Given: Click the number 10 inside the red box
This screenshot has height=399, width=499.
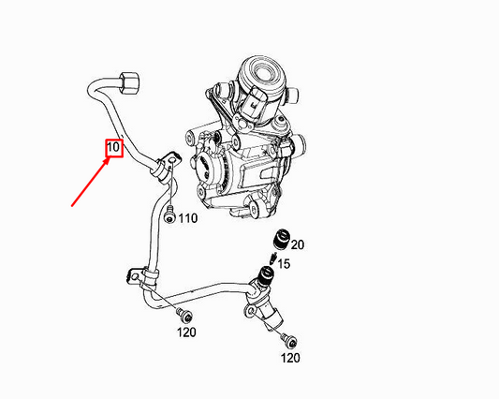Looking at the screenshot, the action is click(x=113, y=147).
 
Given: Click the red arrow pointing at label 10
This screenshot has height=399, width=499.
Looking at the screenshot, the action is click(x=91, y=183).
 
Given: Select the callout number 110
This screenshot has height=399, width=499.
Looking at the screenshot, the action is click(x=188, y=218).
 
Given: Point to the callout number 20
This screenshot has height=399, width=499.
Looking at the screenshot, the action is click(x=297, y=244).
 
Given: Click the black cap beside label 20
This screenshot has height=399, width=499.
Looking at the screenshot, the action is click(x=282, y=239).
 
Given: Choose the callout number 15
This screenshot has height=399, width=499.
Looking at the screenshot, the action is click(x=284, y=264).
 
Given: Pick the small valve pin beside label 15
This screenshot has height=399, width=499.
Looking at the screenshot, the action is click(x=272, y=258).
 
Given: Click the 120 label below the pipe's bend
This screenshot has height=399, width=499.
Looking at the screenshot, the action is click(x=186, y=332).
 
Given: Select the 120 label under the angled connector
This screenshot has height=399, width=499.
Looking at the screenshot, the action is click(x=290, y=358).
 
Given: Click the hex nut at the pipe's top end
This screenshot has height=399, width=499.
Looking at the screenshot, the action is click(x=129, y=83).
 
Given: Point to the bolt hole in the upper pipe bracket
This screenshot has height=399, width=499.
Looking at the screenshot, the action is click(x=171, y=158).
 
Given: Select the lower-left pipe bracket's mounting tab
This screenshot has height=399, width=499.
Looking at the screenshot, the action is click(x=134, y=275).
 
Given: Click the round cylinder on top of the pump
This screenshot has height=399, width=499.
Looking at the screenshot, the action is click(x=260, y=74).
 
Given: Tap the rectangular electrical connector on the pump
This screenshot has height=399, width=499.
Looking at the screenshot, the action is click(x=255, y=102).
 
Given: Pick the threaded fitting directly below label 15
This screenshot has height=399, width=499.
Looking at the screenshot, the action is click(x=266, y=275).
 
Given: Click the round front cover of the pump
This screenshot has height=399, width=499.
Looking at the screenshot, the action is click(x=207, y=169).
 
